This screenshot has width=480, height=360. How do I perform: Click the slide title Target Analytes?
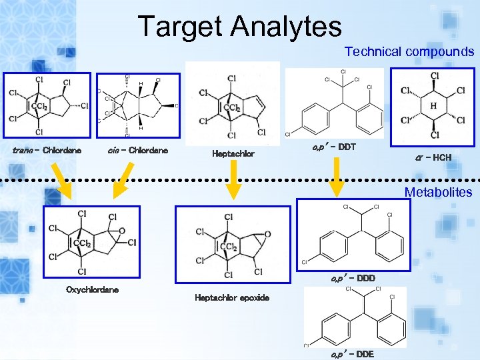pyautogui.click(x=239, y=27)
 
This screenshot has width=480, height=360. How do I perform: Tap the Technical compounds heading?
pyautogui.click(x=409, y=51)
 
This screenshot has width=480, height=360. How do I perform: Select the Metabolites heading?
pyautogui.click(x=438, y=192)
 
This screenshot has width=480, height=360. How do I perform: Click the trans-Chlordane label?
pyautogui.click(x=47, y=150)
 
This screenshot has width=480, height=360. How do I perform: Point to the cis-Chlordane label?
pyautogui.click(x=138, y=150)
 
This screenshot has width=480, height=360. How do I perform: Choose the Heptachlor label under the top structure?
pyautogui.click(x=233, y=154)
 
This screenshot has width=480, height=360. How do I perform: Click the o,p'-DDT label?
pyautogui.click(x=334, y=146)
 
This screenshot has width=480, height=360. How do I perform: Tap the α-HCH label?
pyautogui.click(x=433, y=157)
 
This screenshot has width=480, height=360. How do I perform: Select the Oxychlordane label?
pyautogui.click(x=93, y=289)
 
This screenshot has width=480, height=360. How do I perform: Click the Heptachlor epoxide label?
pyautogui.click(x=232, y=298)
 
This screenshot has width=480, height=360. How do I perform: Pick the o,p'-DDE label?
pyautogui.click(x=353, y=354)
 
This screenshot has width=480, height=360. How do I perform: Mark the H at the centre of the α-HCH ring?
pyautogui.click(x=433, y=106)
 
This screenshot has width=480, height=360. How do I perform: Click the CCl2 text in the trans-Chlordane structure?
pyautogui.click(x=39, y=107)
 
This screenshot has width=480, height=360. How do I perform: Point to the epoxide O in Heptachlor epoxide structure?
pyautogui.click(x=267, y=234)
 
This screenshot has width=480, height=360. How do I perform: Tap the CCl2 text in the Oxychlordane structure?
pyautogui.click(x=83, y=244)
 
